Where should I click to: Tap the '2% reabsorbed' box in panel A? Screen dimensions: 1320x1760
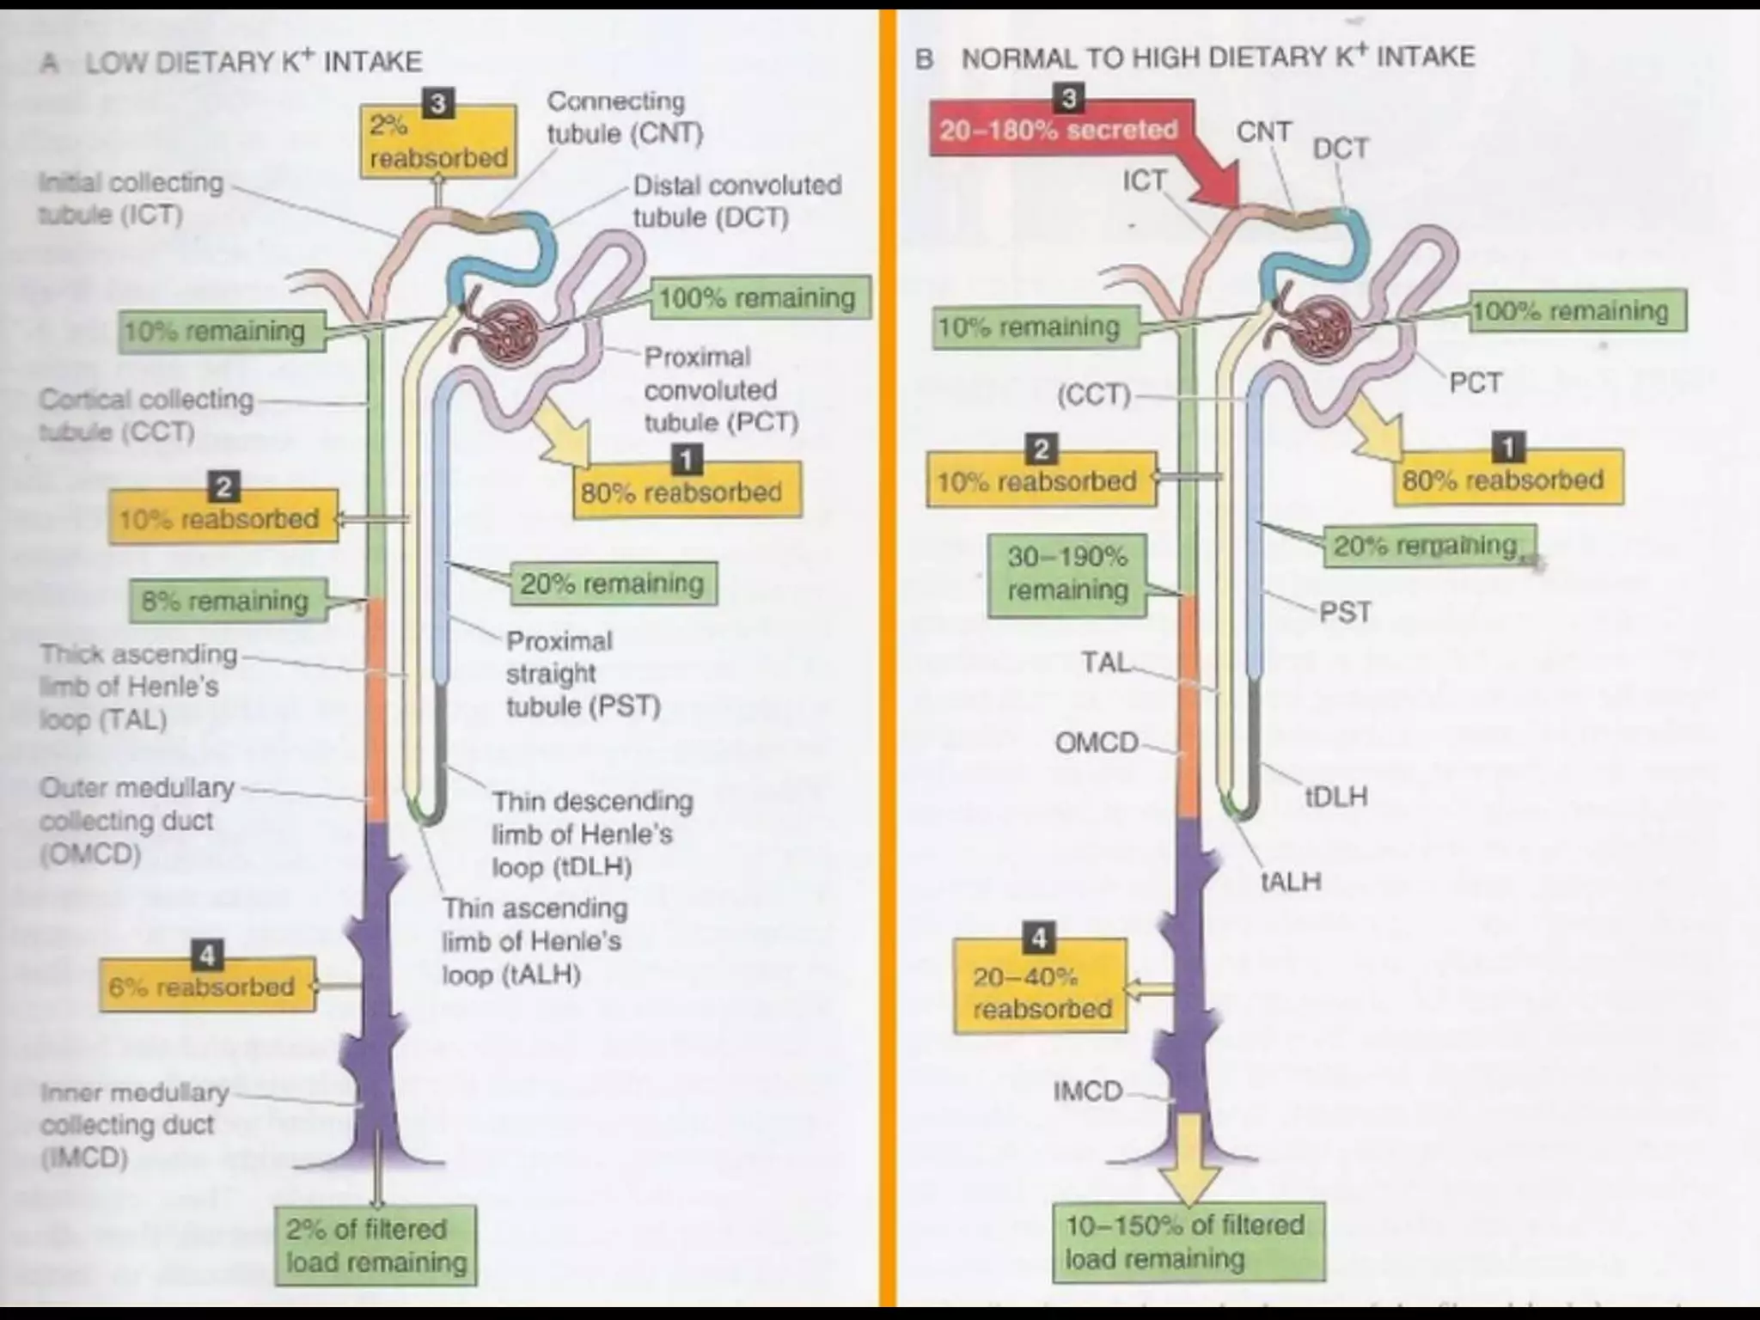click(437, 142)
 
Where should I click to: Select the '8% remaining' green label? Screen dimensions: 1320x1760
click(226, 600)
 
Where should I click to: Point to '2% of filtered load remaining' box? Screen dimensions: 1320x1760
click(376, 1245)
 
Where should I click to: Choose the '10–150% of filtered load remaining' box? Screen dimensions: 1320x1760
click(1187, 1242)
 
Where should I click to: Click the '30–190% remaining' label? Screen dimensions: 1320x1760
click(1067, 573)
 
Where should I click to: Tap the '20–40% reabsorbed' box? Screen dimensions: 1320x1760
click(1040, 993)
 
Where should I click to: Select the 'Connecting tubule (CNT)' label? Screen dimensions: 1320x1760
click(625, 118)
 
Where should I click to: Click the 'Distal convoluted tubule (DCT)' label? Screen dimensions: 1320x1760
click(736, 201)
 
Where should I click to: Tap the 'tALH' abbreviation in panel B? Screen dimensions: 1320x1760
click(1290, 881)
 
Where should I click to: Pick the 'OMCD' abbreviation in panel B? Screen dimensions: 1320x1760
click(1097, 742)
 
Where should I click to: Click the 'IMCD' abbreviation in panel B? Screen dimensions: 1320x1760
click(1088, 1091)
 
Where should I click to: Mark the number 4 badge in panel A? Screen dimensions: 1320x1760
click(206, 955)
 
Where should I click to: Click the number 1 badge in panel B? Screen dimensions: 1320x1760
click(1507, 447)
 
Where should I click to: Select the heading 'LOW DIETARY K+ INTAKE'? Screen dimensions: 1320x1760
click(253, 61)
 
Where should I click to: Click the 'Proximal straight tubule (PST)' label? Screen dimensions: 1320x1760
click(582, 674)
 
